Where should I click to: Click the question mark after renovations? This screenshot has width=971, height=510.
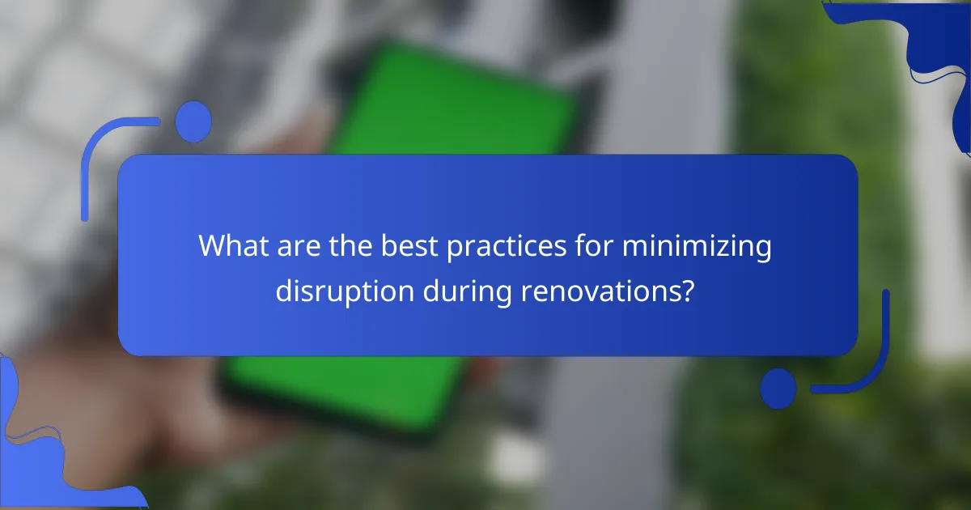[686, 291]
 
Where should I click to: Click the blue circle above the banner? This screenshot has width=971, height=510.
[193, 121]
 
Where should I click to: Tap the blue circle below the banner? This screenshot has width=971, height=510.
[778, 388]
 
